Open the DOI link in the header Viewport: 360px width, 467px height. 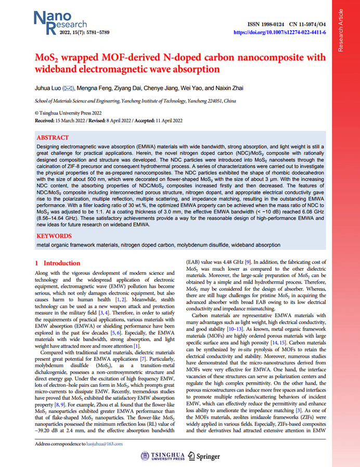[x=280, y=32]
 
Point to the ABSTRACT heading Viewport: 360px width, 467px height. [x=53, y=138]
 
